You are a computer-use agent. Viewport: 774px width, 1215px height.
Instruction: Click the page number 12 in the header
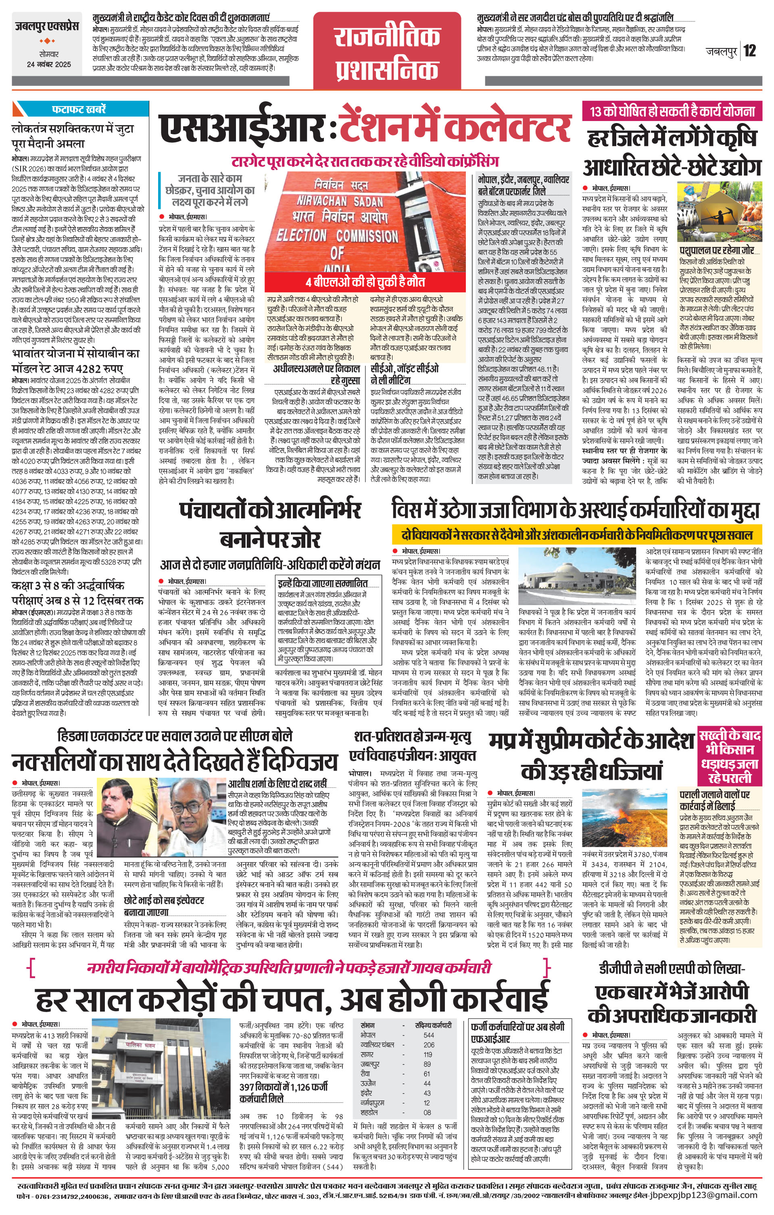tap(749, 51)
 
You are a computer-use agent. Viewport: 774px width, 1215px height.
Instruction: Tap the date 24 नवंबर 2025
tap(49, 65)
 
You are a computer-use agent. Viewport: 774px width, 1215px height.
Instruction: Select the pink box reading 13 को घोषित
tap(672, 111)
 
